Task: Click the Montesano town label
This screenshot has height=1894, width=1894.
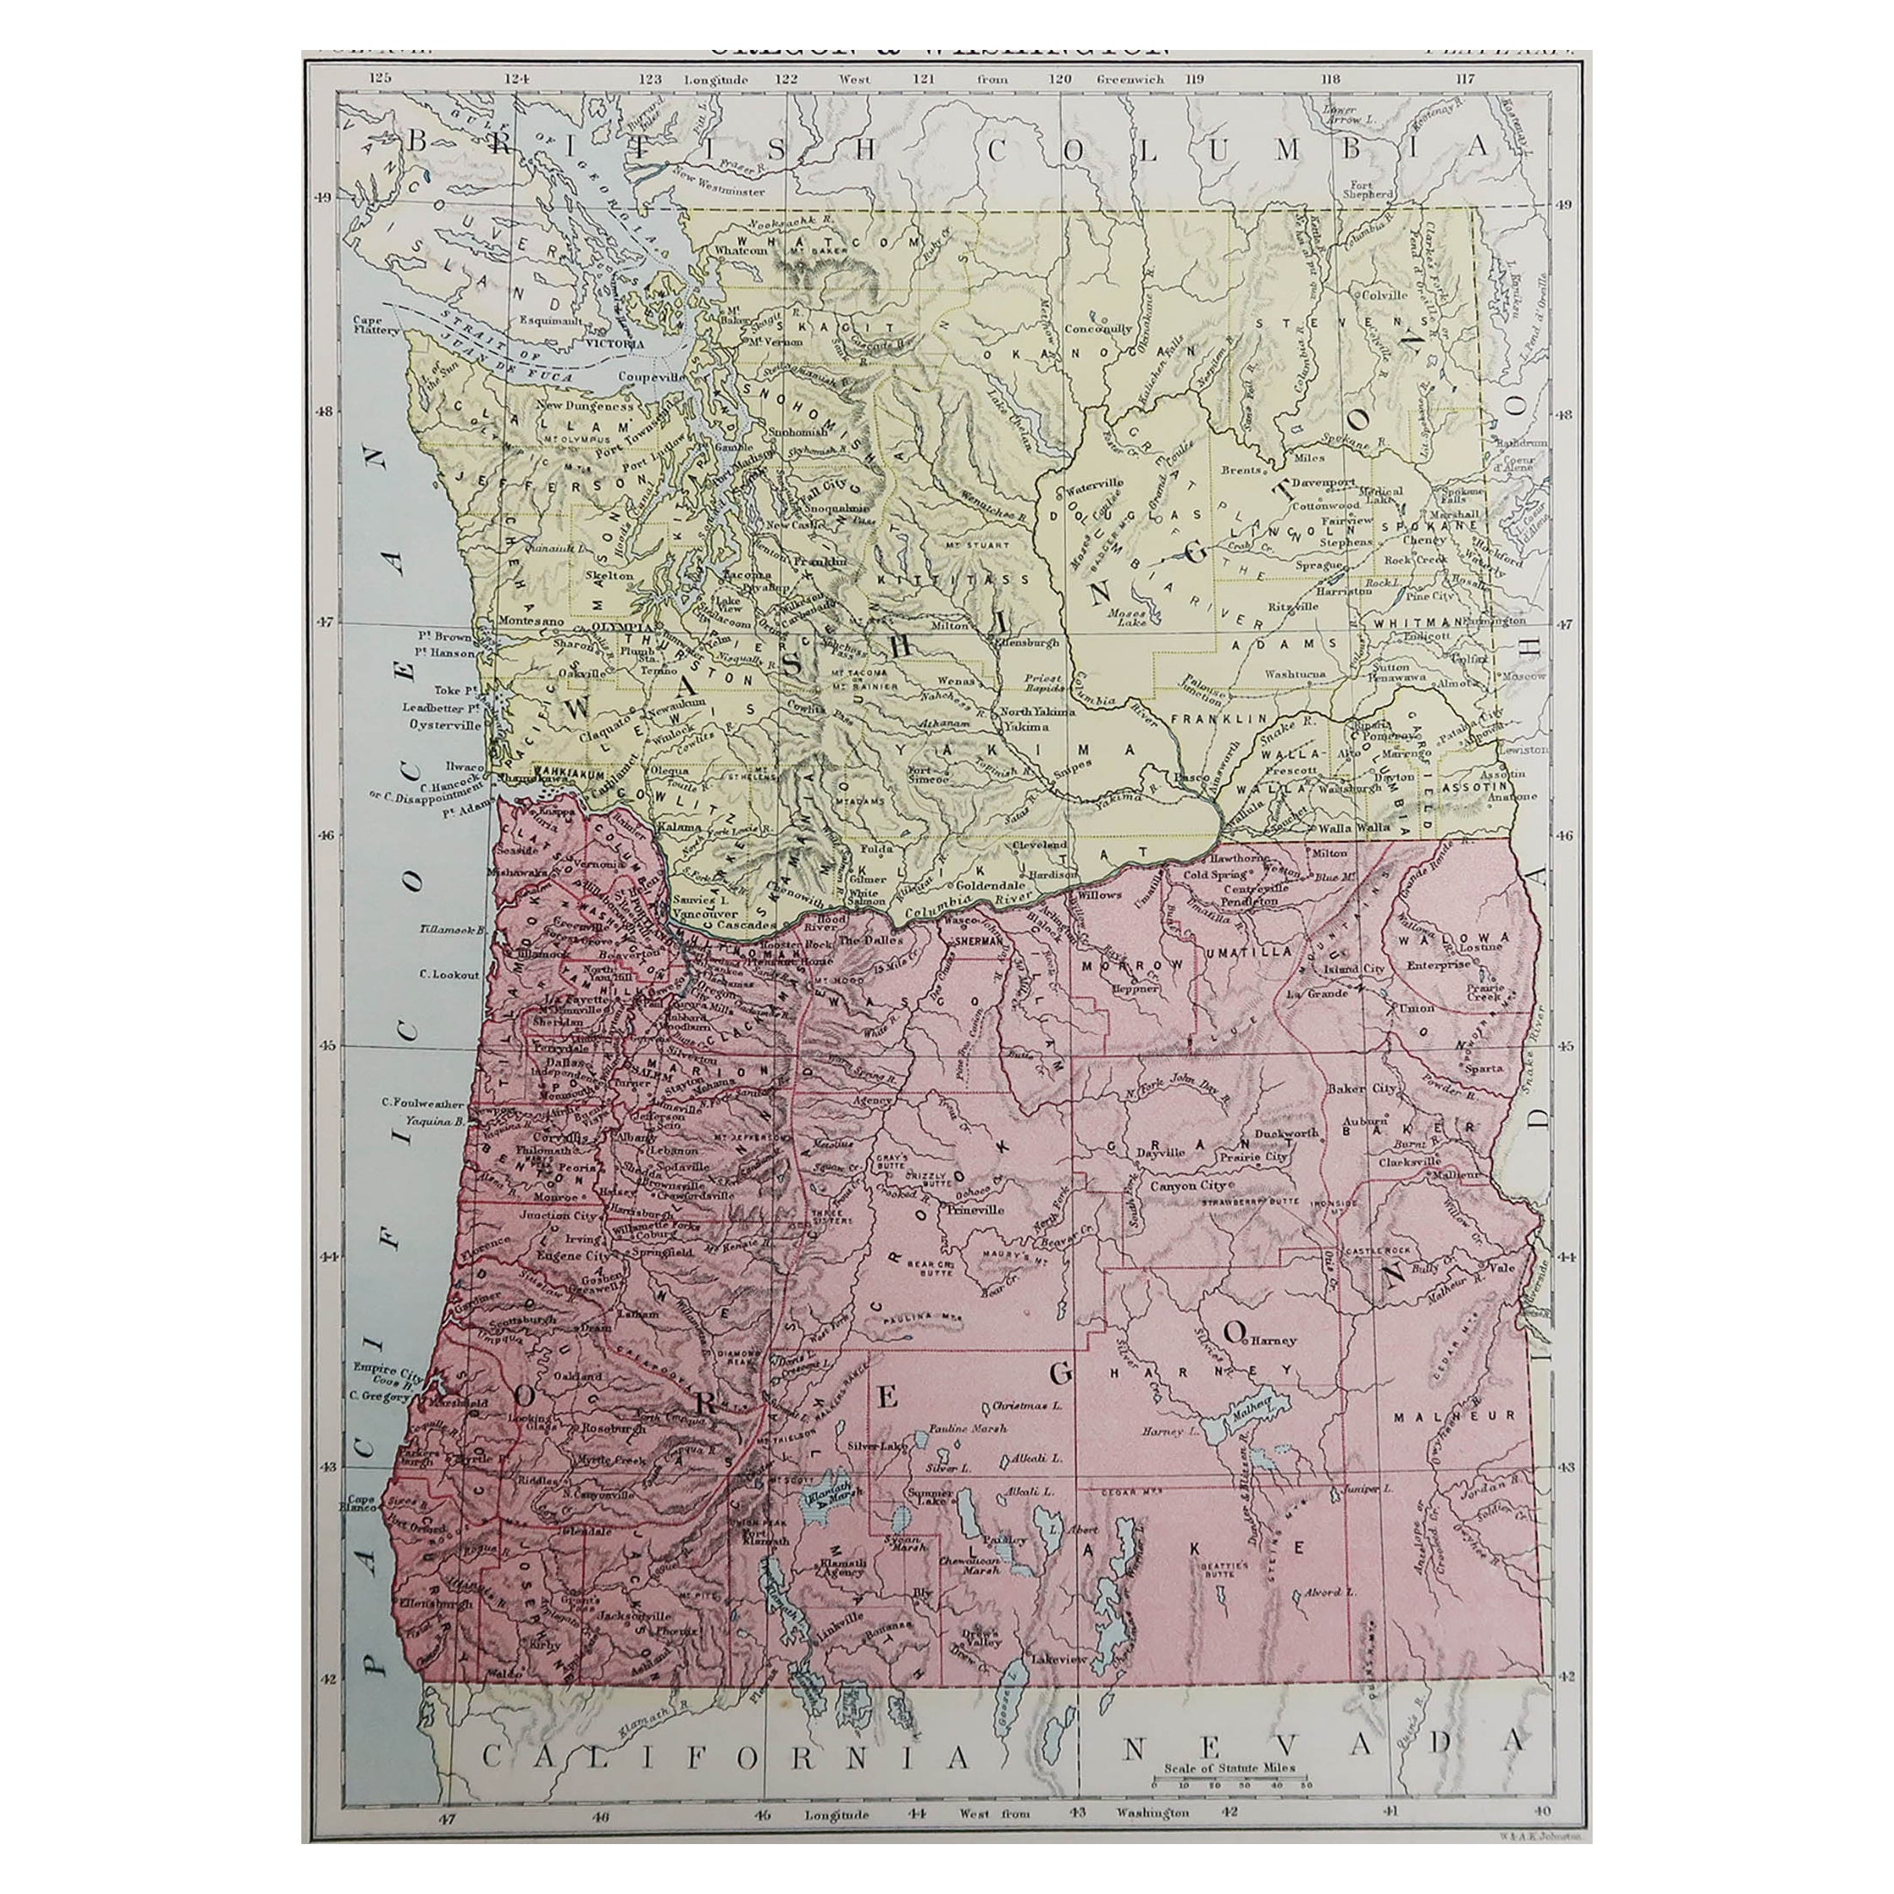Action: point(530,621)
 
